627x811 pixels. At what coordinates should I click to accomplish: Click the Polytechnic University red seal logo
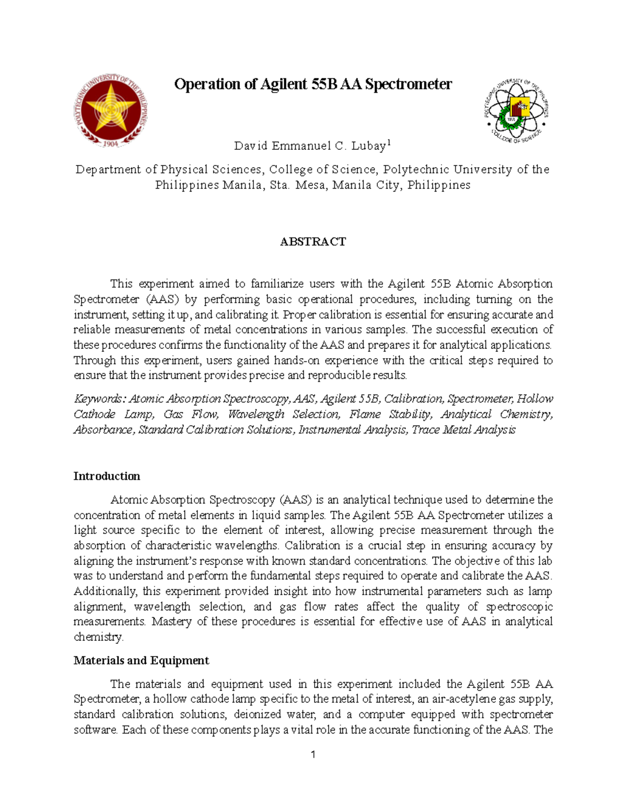pyautogui.click(x=111, y=111)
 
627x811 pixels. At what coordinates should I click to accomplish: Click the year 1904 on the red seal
pyautogui.click(x=110, y=144)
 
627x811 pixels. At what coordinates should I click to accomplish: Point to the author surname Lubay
pyautogui.click(x=368, y=146)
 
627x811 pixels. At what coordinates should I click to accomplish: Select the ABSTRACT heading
pyautogui.click(x=313, y=242)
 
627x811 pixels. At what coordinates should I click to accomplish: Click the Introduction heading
pyautogui.click(x=107, y=476)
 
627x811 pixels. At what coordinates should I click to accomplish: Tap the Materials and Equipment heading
pyautogui.click(x=141, y=661)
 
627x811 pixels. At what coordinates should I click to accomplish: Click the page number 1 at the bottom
pyautogui.click(x=313, y=755)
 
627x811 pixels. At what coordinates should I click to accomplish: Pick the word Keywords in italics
pyautogui.click(x=99, y=399)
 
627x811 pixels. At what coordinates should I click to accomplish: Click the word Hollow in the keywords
pyautogui.click(x=535, y=399)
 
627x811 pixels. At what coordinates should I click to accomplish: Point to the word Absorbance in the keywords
pyautogui.click(x=103, y=430)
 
